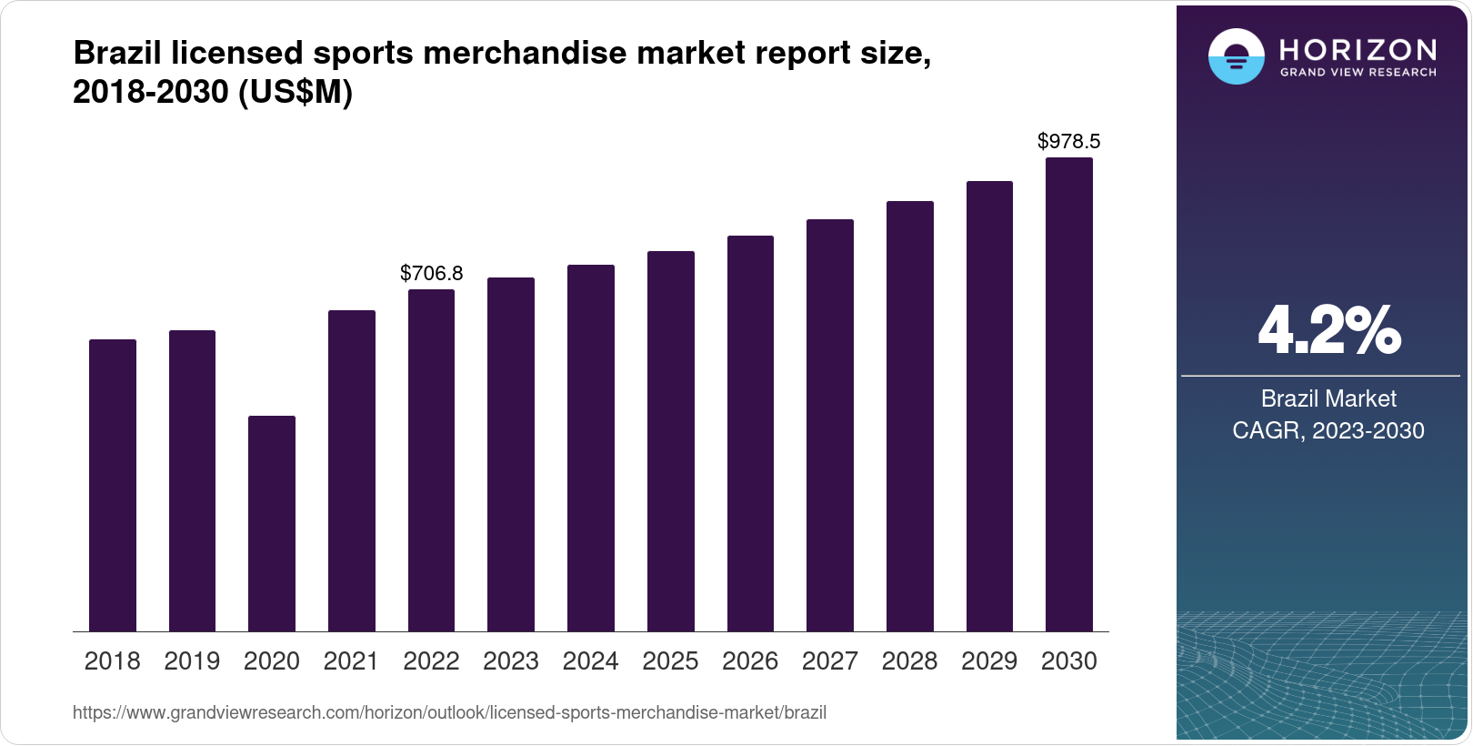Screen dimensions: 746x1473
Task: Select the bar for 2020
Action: click(x=272, y=523)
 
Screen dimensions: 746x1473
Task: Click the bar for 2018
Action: click(x=113, y=485)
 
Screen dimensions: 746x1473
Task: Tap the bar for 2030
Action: click(x=1069, y=394)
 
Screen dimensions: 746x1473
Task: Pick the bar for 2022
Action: click(x=431, y=460)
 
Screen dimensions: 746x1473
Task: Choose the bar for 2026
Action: click(x=750, y=433)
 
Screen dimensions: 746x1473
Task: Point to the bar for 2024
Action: click(x=591, y=448)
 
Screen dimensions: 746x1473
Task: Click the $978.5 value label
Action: click(x=1069, y=141)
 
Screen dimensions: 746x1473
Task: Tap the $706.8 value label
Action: click(x=431, y=273)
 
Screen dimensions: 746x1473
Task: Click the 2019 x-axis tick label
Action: click(x=192, y=661)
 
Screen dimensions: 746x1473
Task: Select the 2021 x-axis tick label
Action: click(x=351, y=661)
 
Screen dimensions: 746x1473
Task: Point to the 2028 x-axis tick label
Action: click(x=909, y=661)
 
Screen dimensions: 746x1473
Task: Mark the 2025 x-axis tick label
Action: click(x=670, y=661)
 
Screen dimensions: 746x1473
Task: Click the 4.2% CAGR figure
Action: click(x=1328, y=331)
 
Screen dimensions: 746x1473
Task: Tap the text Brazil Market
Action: click(x=1328, y=398)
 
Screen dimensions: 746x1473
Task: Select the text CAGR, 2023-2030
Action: click(x=1328, y=430)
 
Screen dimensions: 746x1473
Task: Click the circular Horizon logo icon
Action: click(x=1236, y=56)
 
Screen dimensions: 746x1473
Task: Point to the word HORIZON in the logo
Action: click(x=1358, y=49)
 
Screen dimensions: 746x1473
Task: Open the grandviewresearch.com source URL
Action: click(x=449, y=713)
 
